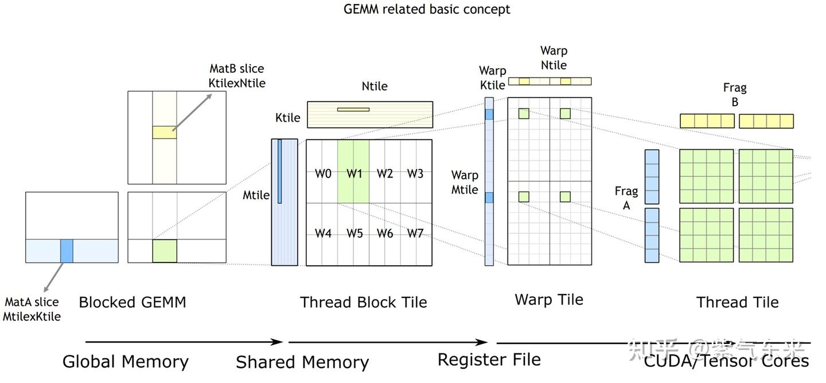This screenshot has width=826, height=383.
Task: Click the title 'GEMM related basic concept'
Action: click(427, 9)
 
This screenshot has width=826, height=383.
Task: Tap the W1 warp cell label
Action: click(354, 173)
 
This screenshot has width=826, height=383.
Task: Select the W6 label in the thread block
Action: click(384, 233)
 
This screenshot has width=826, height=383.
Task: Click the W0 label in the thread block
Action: click(323, 173)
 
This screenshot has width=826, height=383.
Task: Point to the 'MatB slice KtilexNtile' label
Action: click(237, 76)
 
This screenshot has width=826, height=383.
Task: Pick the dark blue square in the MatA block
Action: click(67, 251)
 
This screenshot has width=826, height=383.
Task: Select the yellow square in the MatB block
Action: click(165, 133)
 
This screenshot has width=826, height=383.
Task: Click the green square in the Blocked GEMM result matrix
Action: click(165, 251)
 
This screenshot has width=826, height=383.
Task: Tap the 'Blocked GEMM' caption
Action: click(133, 302)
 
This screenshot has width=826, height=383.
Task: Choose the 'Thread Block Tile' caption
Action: click(364, 302)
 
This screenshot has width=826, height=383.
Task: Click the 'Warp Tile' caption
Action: click(549, 299)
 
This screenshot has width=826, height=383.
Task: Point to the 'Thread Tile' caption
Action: click(737, 302)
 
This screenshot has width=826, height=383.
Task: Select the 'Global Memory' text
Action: click(126, 361)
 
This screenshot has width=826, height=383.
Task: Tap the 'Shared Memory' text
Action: click(302, 362)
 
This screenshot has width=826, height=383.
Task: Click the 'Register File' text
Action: click(489, 359)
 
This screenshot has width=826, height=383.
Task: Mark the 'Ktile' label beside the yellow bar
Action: click(288, 118)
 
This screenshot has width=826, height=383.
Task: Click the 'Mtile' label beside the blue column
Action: click(256, 195)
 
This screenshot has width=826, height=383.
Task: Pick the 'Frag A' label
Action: click(626, 197)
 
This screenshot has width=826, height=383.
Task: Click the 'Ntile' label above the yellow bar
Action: click(375, 86)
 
